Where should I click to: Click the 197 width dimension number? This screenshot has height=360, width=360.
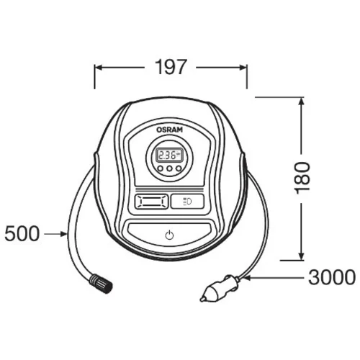click(x=170, y=67)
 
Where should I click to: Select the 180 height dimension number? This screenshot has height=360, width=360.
click(x=302, y=178)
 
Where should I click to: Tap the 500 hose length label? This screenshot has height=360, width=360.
click(x=22, y=234)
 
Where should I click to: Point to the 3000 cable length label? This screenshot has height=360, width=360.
click(x=332, y=278)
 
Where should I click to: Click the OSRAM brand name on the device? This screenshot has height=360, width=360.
click(x=169, y=130)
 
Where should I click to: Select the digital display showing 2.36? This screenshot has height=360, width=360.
click(x=169, y=156)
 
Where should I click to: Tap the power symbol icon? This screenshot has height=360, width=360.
click(x=169, y=235)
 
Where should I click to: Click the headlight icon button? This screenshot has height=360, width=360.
click(x=187, y=201)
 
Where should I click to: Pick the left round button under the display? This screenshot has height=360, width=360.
click(x=160, y=168)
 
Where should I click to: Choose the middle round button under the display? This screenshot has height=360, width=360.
click(x=169, y=168)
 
